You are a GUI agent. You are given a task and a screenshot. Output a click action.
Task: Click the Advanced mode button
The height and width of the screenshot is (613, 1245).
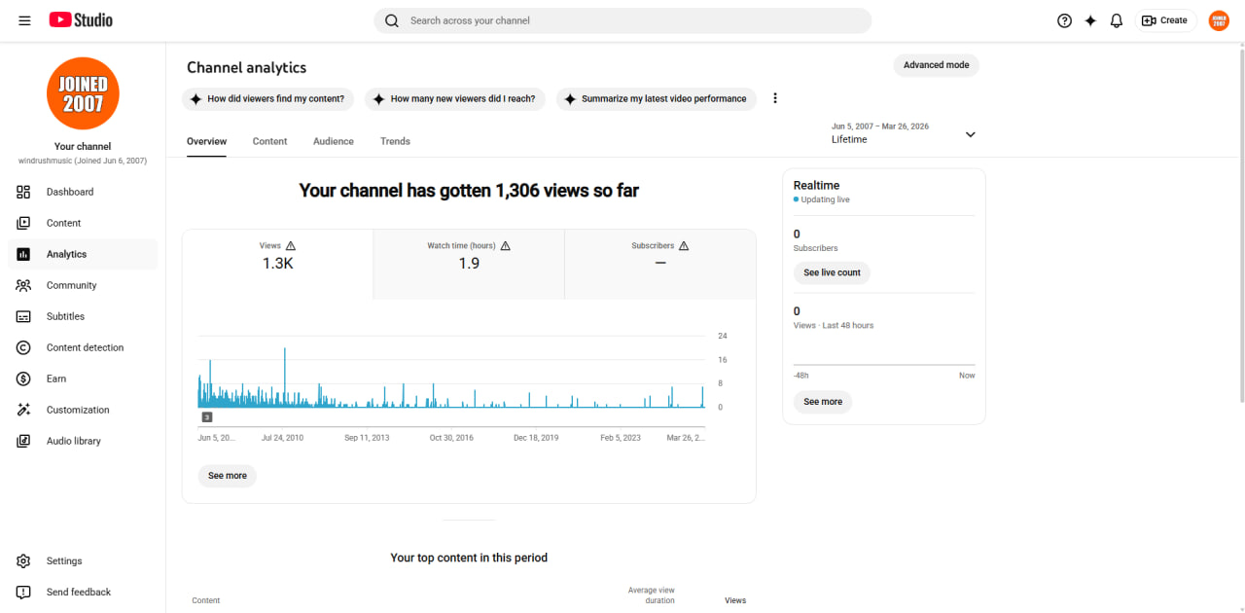pos(936,65)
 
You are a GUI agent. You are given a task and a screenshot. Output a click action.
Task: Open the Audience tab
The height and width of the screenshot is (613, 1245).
pos(333,141)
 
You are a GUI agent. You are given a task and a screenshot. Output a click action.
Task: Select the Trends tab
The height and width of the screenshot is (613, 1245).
pos(395,141)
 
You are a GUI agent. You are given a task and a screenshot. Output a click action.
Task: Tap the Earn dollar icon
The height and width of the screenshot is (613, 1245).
pos(23,379)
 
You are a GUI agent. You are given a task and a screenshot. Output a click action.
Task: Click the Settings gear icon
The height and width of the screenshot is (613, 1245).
pos(23,561)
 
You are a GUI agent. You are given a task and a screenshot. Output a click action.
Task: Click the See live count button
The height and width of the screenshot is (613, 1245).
pos(832,272)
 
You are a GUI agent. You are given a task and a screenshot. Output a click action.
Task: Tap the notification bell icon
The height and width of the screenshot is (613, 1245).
pos(1116,21)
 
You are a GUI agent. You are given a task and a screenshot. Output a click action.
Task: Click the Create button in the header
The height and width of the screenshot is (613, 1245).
pos(1165,20)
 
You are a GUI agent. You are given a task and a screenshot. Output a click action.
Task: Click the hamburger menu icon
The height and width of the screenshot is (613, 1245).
pos(24,20)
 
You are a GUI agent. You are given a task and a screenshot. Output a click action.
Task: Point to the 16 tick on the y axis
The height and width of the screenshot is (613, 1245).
pos(722,360)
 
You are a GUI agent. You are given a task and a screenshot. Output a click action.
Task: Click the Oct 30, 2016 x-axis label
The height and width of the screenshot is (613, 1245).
pos(451,438)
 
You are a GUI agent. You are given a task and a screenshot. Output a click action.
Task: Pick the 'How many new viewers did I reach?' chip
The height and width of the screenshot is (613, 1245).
pos(455,99)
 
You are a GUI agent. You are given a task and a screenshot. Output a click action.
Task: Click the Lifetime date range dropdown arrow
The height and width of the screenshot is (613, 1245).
pos(971,134)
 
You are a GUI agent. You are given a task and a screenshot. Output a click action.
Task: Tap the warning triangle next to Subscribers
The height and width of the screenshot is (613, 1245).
pos(684,246)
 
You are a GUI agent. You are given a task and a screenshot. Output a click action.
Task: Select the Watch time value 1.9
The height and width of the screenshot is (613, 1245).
pos(469,263)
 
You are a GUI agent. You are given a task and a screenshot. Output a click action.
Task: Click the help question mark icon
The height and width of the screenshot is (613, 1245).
pos(1064,21)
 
